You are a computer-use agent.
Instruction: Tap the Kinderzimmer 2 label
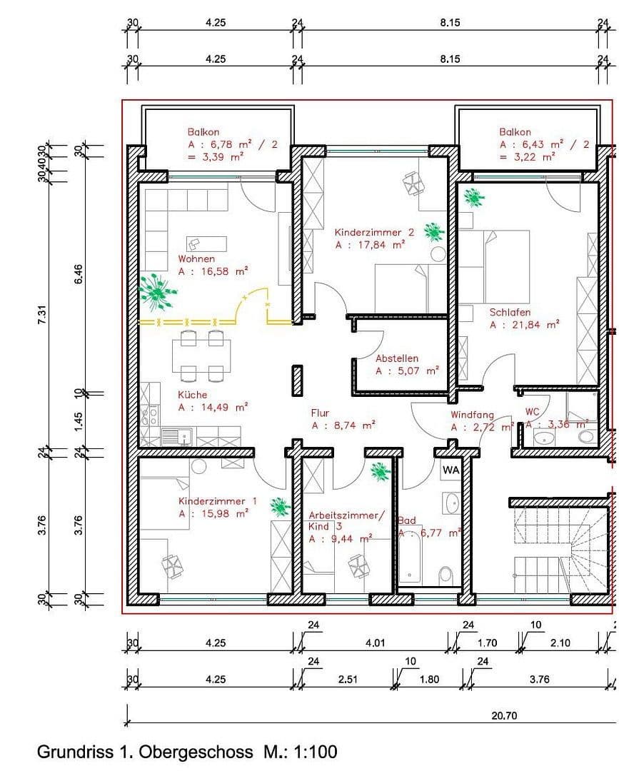(374, 232)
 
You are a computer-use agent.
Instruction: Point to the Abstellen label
(397, 358)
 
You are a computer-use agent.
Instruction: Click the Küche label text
(193, 394)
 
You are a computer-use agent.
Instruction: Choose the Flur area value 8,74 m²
(343, 425)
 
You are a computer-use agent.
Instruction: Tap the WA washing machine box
(451, 470)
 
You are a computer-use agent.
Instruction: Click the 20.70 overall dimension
(504, 716)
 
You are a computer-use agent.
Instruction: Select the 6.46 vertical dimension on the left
(79, 274)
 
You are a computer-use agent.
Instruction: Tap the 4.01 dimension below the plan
(375, 642)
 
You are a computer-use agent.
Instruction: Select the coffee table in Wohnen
(207, 243)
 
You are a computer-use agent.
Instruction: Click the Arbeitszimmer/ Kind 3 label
(346, 520)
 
